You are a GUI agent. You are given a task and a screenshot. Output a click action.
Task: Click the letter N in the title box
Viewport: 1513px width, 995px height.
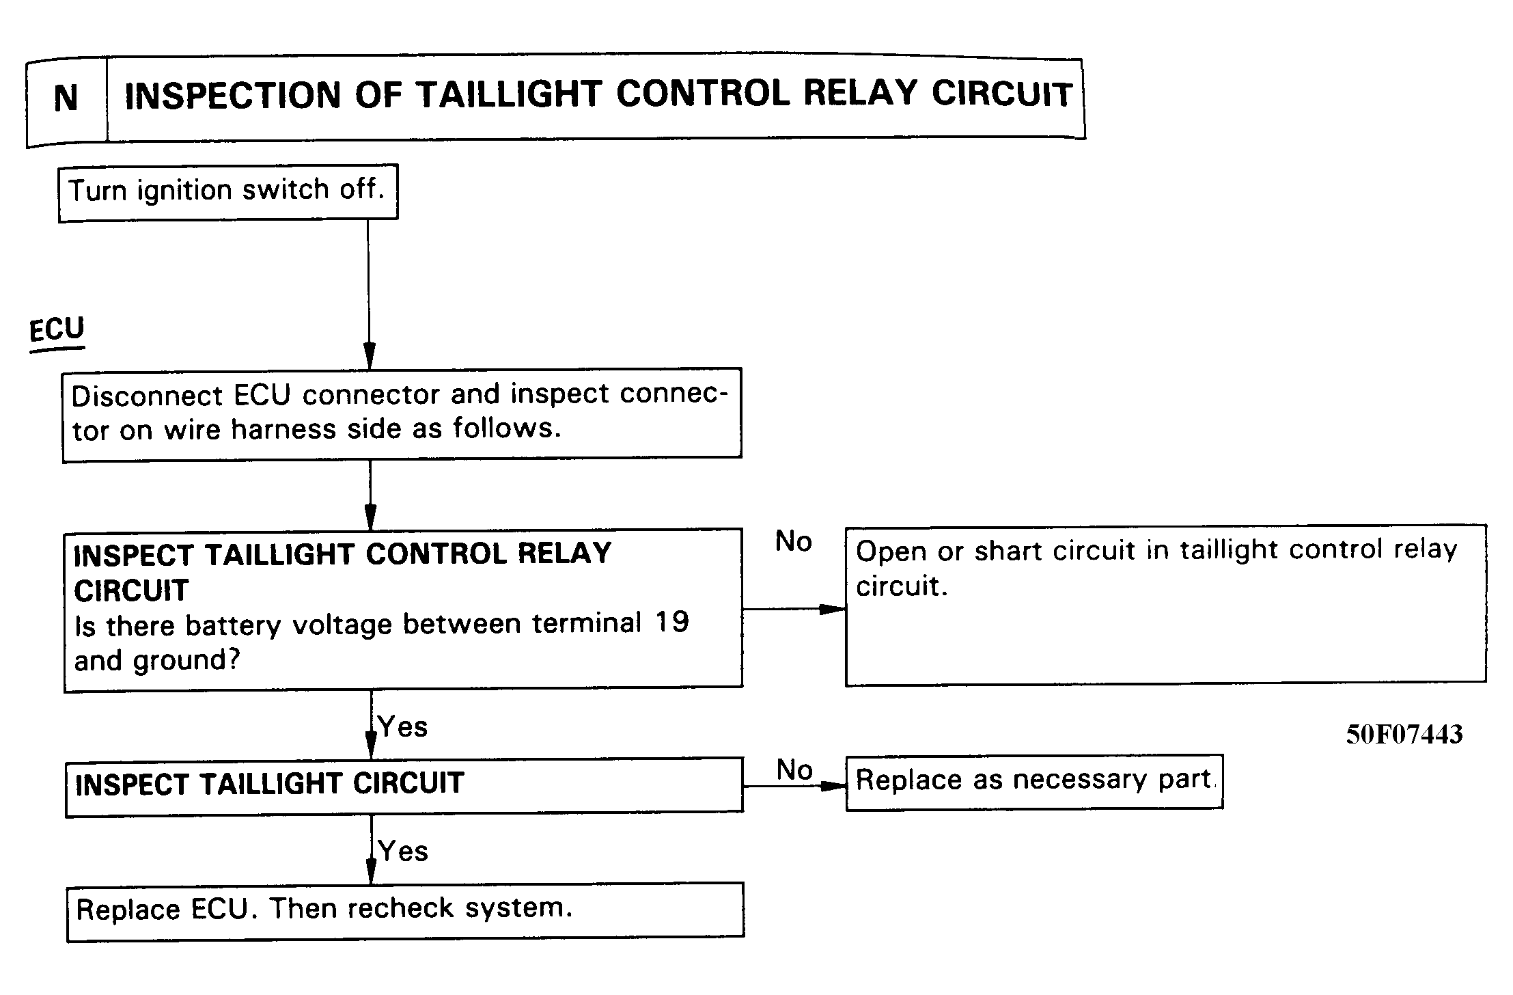[66, 98]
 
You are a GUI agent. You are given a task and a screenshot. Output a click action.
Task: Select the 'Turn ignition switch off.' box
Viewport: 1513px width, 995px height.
[228, 192]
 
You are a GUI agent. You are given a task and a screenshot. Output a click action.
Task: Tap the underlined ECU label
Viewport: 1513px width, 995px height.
[57, 329]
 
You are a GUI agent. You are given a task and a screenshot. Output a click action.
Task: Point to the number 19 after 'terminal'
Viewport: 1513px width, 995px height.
[672, 622]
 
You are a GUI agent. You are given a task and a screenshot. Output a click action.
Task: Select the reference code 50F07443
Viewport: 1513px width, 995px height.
[1404, 735]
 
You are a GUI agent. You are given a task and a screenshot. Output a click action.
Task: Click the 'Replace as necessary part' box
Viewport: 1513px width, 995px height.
[1034, 782]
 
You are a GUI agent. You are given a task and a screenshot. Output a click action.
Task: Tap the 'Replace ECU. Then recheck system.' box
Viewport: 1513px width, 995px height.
[405, 912]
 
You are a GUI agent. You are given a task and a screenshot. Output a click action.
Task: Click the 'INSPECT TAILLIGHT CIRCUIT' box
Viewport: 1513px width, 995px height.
[404, 787]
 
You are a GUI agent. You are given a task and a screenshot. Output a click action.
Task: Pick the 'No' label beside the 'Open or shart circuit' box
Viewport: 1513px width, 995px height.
[794, 542]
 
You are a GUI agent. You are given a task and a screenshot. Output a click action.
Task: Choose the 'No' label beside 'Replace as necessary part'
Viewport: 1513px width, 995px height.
[794, 770]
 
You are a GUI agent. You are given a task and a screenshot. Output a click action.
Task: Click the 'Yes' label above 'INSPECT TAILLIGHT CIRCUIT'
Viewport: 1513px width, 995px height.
[402, 727]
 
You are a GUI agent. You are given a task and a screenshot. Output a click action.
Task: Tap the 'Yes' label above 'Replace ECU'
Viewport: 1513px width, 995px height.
[403, 851]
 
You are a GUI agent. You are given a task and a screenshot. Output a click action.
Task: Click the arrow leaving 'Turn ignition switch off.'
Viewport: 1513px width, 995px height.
[369, 295]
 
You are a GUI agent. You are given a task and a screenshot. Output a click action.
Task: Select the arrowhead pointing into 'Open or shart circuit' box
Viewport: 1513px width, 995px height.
[833, 609]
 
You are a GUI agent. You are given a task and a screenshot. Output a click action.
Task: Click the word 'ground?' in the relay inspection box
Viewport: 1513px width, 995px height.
[186, 661]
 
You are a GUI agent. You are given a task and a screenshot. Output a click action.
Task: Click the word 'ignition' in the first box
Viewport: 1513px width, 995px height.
[184, 191]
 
